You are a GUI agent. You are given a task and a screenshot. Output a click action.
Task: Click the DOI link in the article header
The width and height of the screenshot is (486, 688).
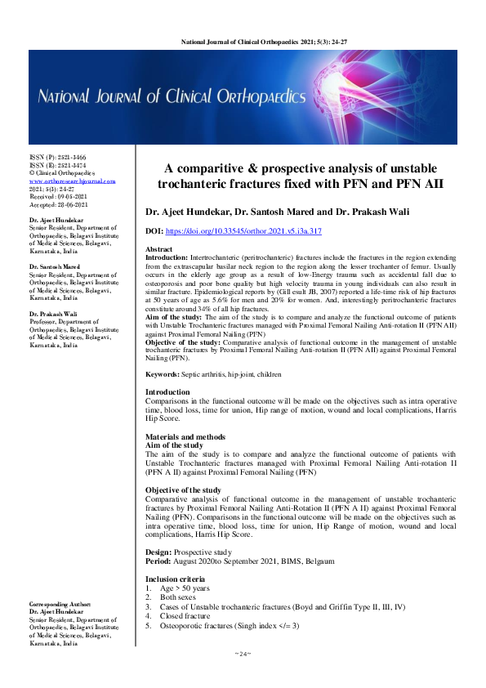(x=245, y=232)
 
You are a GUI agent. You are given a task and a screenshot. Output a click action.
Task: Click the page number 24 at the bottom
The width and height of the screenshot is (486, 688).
(x=243, y=654)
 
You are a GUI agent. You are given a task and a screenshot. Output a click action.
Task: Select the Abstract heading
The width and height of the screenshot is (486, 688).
(x=158, y=248)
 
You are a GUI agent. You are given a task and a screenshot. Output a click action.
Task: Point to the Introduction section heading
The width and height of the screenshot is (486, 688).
(x=168, y=393)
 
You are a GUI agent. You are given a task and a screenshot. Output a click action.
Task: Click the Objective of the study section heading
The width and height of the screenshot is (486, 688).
(x=185, y=490)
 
